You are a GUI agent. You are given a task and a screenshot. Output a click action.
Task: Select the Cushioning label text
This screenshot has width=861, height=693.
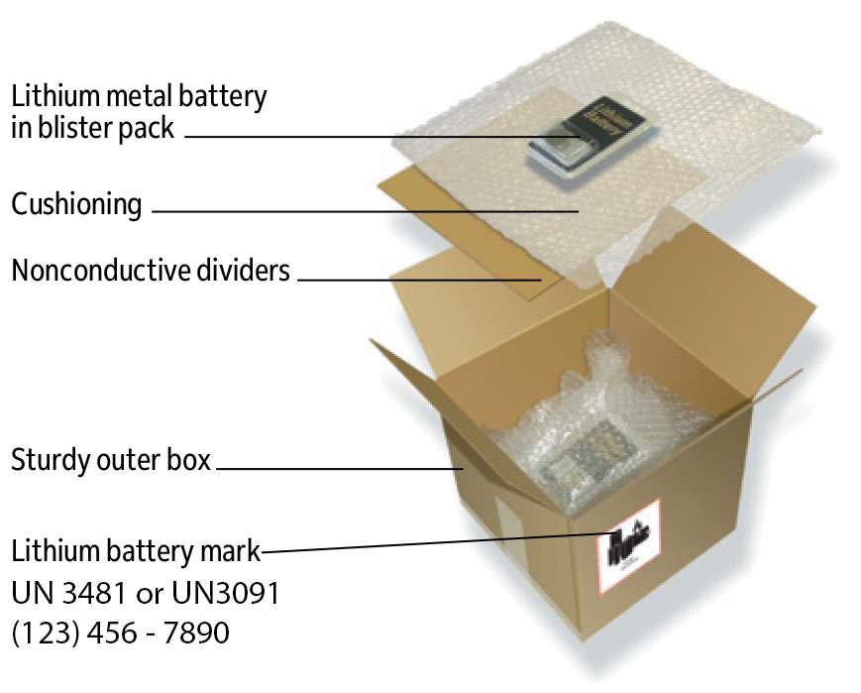76,205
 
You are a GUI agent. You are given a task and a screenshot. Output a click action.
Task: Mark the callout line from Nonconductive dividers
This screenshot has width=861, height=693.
416,280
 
